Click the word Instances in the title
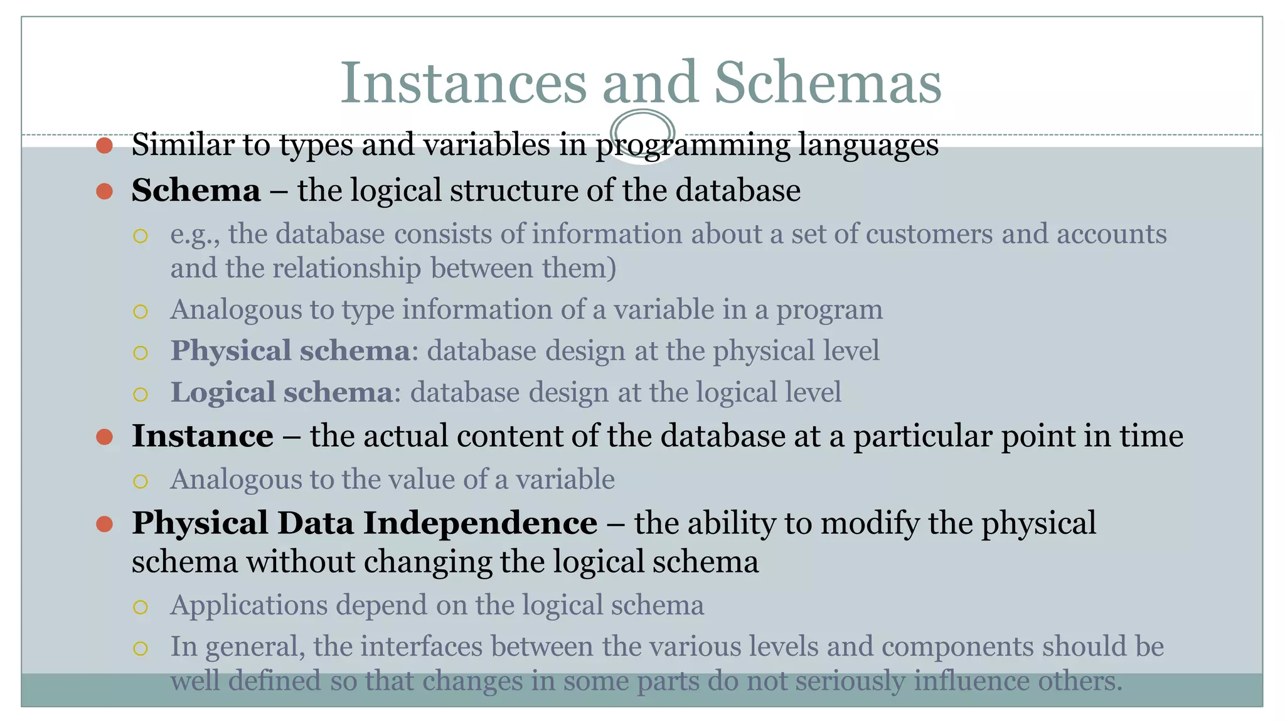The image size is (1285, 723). point(463,83)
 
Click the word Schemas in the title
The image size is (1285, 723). point(828,83)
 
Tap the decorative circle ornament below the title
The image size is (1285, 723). point(642,133)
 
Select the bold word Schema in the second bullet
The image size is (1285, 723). point(196,190)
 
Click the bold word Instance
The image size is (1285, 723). point(202,436)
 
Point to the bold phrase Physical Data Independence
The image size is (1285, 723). point(364,523)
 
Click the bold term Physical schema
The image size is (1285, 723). point(290,351)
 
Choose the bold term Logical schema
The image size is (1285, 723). point(282,392)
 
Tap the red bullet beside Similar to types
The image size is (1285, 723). point(104,146)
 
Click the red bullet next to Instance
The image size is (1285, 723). point(104,437)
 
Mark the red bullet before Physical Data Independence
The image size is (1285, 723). point(104,524)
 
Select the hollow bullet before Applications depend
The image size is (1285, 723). point(141,607)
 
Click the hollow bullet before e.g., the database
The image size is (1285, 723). point(141,236)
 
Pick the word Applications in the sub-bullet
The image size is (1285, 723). point(248,606)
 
